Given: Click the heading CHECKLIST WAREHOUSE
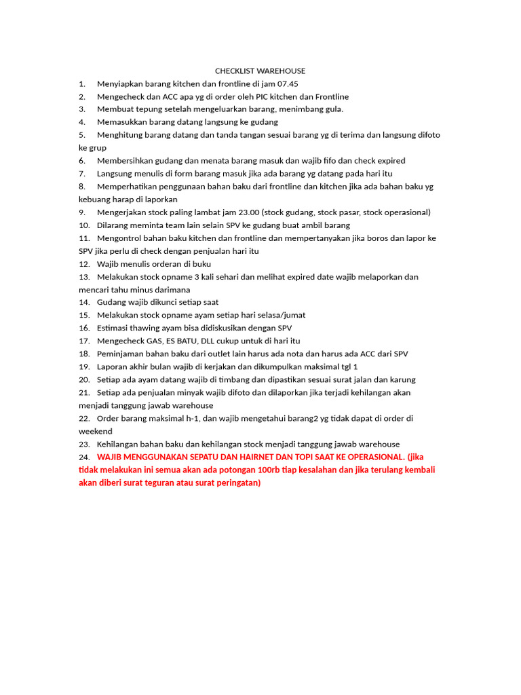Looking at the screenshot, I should coord(260,71).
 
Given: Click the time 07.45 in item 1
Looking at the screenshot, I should coord(287,83).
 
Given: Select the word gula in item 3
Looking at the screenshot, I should coord(333,109).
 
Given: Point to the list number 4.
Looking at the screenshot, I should coord(81,122).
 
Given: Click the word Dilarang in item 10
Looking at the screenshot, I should coord(113,225).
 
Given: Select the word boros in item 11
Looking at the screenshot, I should coord(383,238).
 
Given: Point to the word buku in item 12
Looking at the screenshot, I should coord(201,263).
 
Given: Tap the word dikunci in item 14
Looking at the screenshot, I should coord(162,302).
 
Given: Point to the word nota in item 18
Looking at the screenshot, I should coord(294,354).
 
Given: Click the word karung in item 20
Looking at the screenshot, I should coord(401,379).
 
